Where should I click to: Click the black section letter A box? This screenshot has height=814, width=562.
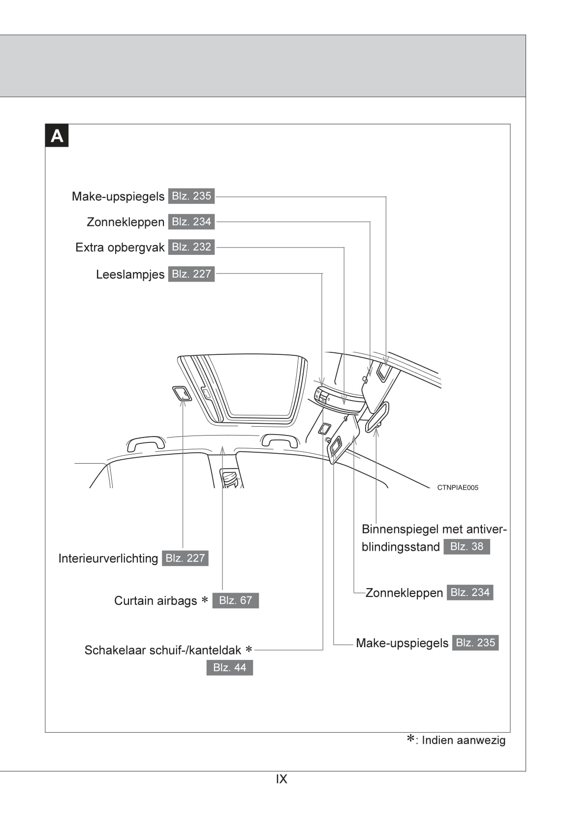57,136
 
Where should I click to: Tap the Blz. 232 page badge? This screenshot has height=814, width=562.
191,247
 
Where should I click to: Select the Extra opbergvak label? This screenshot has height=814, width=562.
120,248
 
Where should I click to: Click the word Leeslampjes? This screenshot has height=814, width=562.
130,275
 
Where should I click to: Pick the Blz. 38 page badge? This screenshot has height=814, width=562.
467,547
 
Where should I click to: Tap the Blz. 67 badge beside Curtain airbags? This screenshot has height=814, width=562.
235,600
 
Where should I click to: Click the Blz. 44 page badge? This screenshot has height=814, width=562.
229,668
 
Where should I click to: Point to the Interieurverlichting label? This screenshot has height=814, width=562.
108,559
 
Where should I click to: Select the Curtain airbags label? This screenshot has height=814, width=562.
156,601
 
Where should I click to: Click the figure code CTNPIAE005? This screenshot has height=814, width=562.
458,488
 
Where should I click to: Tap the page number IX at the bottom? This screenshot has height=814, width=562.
281,779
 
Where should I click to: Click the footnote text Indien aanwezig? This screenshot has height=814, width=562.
463,740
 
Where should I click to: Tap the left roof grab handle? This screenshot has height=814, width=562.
146,441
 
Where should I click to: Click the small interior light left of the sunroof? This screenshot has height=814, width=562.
182,394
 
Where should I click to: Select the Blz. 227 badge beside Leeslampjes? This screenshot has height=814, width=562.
191,274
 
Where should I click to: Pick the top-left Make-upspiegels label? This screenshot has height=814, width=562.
118,196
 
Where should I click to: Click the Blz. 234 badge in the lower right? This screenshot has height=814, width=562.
470,593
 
